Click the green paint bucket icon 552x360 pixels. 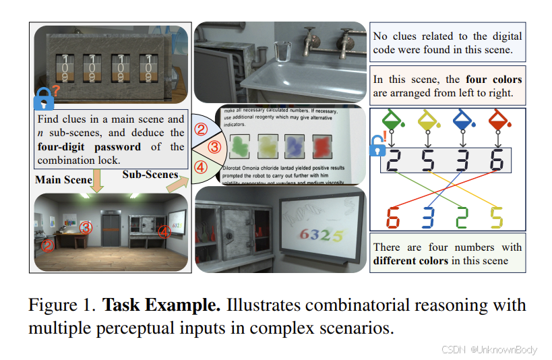pyautogui.click(x=394, y=118)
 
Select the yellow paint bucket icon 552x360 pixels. pyautogui.click(x=429, y=119)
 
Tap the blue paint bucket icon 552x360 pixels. pyautogui.click(x=463, y=119)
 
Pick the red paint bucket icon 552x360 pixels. pyautogui.click(x=497, y=119)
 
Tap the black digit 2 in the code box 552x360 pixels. pyautogui.click(x=394, y=160)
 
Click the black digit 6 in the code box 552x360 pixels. pyautogui.click(x=497, y=160)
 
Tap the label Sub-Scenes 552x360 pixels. pyautogui.click(x=150, y=175)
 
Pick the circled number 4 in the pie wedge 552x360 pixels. pyautogui.click(x=201, y=167)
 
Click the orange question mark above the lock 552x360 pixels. pyautogui.click(x=57, y=89)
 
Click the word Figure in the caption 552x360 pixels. pyautogui.click(x=53, y=305)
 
